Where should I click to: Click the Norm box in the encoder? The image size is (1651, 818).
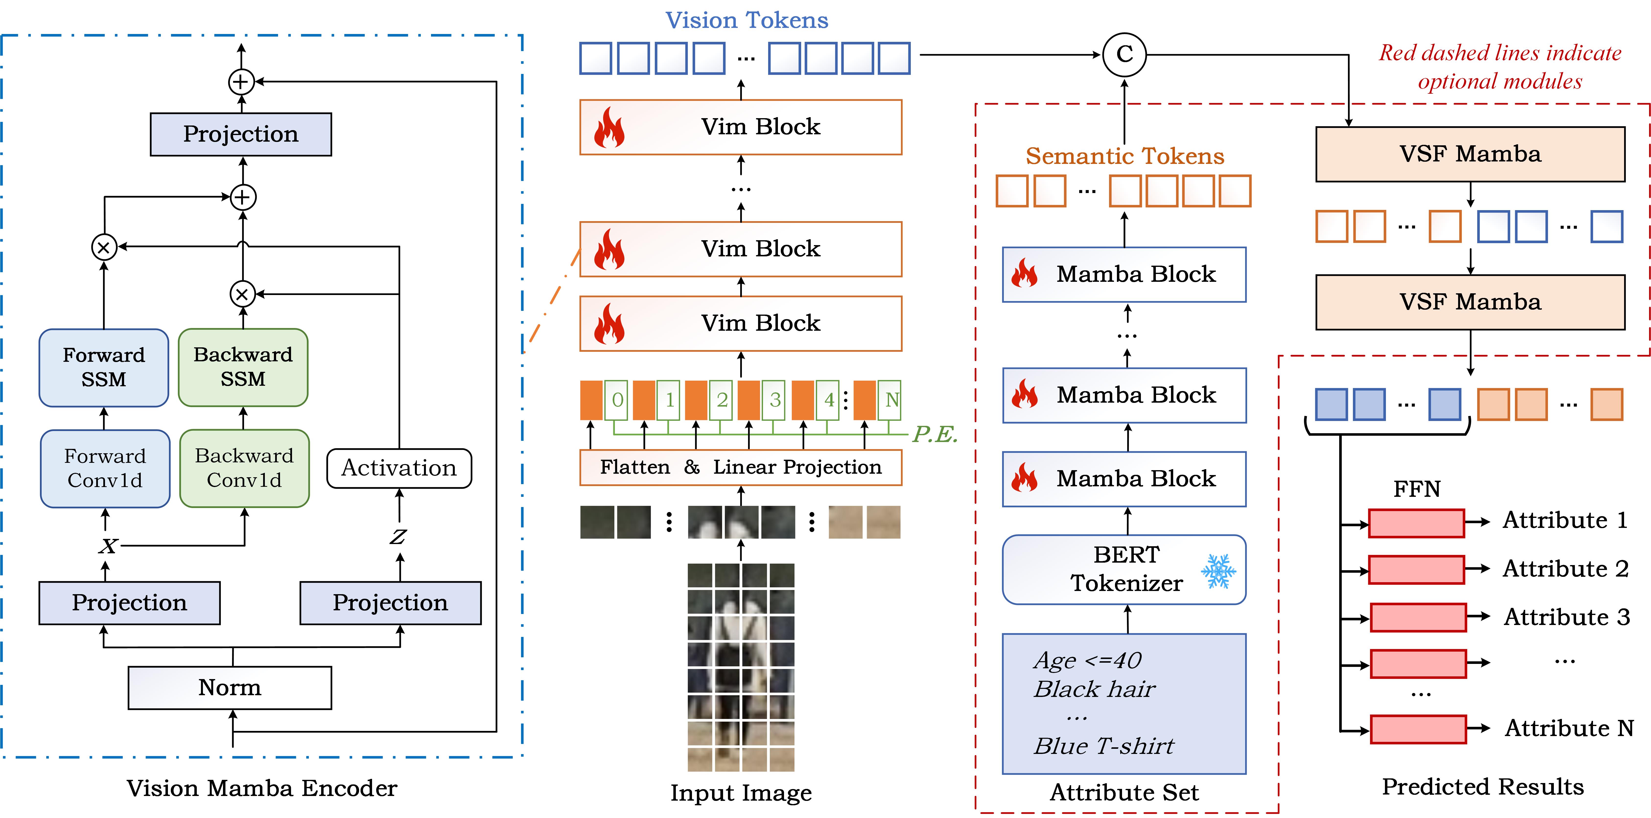[229, 687]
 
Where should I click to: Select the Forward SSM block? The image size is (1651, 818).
[104, 368]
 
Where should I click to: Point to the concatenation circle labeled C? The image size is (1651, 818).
[1124, 55]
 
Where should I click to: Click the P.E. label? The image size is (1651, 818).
[935, 434]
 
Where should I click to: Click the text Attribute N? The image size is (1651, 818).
[1569, 728]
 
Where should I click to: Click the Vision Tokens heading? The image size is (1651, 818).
[747, 21]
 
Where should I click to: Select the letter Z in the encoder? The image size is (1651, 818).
[398, 537]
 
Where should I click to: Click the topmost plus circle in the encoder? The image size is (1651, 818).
[241, 81]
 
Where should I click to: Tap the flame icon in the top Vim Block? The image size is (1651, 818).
[609, 127]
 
